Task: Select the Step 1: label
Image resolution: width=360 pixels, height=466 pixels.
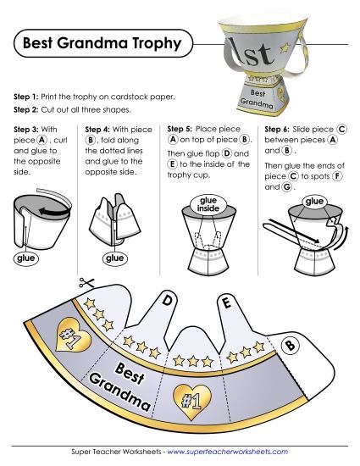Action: pos(32,97)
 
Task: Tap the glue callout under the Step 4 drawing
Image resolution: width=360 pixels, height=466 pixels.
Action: pos(114,258)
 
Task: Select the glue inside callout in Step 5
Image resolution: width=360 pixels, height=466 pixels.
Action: pos(208,204)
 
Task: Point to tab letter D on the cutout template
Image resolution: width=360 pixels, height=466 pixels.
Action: pos(168,300)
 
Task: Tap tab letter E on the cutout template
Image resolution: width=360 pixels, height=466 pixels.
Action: pos(225,302)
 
